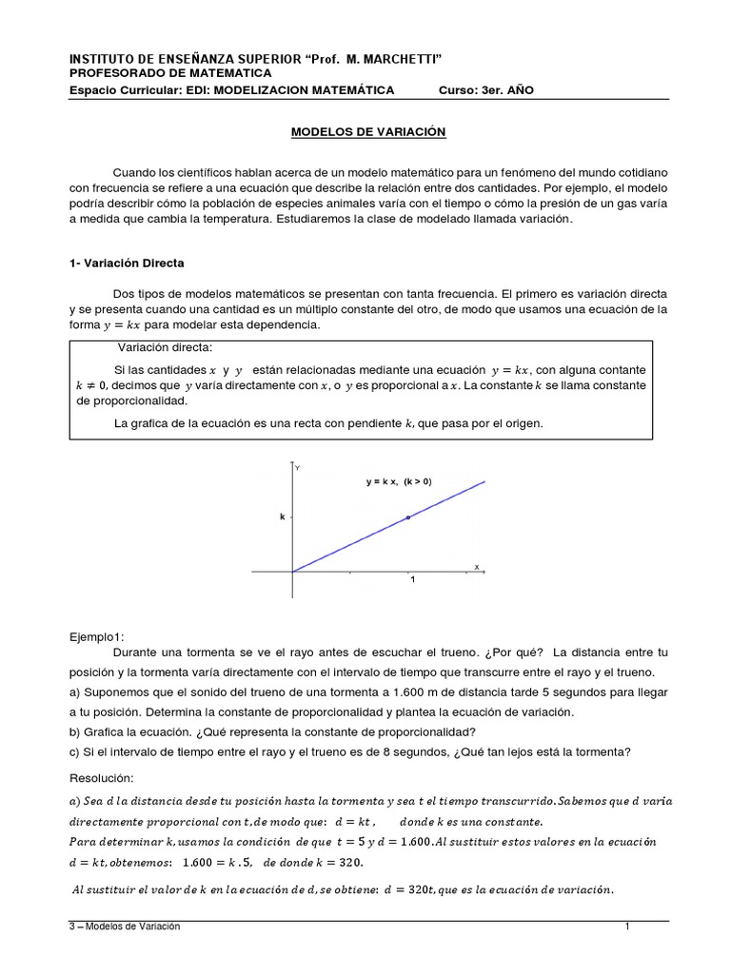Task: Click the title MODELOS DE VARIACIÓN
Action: click(367, 132)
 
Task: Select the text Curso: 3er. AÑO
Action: click(492, 90)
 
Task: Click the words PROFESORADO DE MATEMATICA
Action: click(170, 73)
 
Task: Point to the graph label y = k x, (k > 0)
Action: click(399, 482)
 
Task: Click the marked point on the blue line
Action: click(408, 517)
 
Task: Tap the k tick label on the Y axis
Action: click(282, 517)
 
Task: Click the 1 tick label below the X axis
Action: click(412, 580)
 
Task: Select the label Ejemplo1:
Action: click(97, 636)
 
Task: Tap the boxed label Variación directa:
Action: click(165, 347)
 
